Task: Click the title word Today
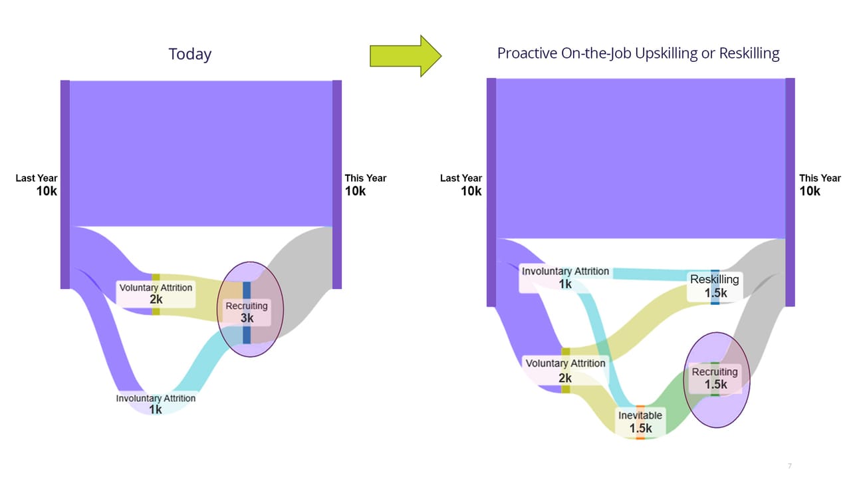(190, 54)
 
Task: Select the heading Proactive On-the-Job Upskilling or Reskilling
(638, 53)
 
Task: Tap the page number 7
(790, 466)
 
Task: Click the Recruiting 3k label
(247, 312)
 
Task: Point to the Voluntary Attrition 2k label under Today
(156, 294)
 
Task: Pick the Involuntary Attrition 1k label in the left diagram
(156, 403)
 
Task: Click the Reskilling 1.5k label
(715, 286)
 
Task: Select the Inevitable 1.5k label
(640, 422)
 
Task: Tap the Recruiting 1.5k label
(715, 378)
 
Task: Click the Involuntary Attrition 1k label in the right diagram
(565, 278)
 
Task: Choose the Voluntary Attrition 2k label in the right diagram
(565, 371)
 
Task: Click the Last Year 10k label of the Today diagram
(37, 185)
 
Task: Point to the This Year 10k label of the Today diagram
(366, 185)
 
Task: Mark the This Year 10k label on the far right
(820, 185)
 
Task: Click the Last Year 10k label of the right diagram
(461, 185)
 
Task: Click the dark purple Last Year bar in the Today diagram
(65, 184)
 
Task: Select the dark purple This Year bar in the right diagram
(790, 192)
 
